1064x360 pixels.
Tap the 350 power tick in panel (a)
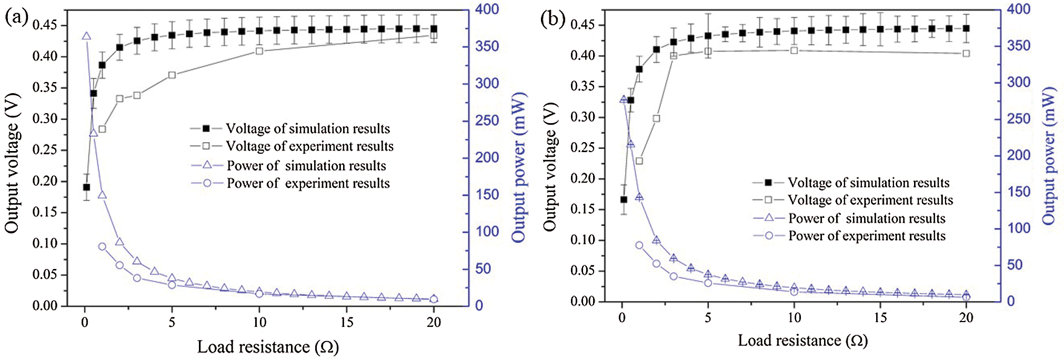pos(487,46)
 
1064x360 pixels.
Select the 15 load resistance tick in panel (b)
pos(880,317)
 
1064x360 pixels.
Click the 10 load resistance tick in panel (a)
pos(259,322)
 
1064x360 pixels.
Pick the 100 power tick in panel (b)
pos(1018,228)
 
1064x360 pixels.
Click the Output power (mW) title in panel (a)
pos(519,167)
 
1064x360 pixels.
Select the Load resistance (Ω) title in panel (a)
pos(268,347)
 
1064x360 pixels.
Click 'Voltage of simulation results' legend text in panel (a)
pos(308,128)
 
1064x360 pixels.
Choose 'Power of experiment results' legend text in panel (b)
pos(867,236)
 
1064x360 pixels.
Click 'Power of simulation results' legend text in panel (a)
pos(306,166)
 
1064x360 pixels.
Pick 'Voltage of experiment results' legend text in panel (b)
pos(870,200)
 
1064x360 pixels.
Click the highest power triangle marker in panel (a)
pos(86,36)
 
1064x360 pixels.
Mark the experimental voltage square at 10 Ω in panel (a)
pos(259,51)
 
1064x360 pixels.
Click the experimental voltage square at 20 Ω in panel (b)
pos(966,53)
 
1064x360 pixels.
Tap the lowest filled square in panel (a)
pos(86,187)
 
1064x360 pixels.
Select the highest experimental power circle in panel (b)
pos(639,245)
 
